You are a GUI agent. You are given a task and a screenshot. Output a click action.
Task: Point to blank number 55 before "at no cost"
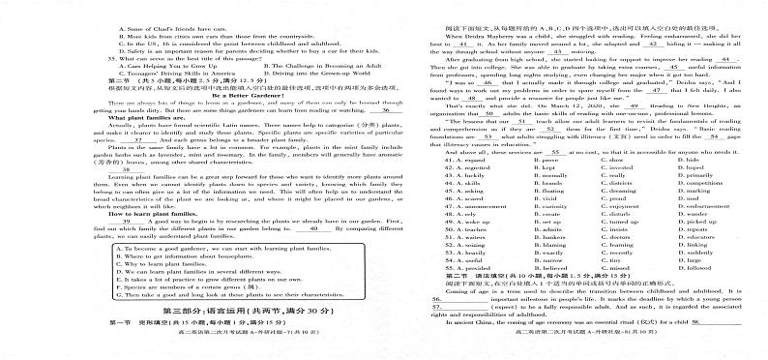pos(556,125)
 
